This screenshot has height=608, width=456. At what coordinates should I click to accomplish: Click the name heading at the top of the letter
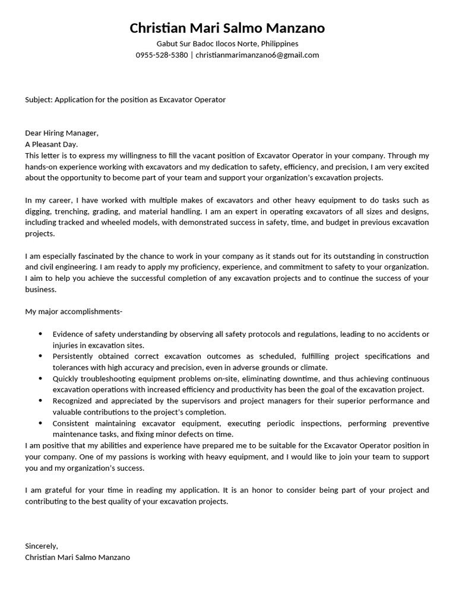227,28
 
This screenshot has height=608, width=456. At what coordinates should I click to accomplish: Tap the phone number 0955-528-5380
161,55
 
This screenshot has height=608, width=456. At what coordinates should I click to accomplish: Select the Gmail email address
257,55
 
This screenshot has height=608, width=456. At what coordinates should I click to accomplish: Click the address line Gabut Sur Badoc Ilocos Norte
227,43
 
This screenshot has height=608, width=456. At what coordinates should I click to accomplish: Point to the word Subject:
39,100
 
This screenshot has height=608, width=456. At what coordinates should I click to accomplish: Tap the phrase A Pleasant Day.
51,144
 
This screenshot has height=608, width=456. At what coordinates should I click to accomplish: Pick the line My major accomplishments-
74,311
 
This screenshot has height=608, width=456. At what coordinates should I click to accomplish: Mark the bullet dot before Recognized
40,401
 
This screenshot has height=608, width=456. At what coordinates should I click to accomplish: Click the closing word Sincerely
42,546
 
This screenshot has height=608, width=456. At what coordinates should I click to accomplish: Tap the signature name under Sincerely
77,557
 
